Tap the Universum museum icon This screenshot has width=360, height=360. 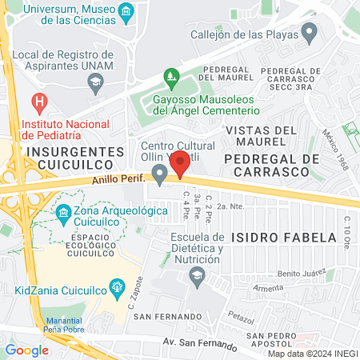[x=126, y=13]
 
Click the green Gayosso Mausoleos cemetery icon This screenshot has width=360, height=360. [x=170, y=78]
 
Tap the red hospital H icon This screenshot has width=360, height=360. [x=37, y=102]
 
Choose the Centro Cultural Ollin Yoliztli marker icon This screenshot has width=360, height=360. [x=160, y=173]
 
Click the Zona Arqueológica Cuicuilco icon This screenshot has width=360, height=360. [x=64, y=213]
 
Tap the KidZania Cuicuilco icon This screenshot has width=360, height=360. [x=117, y=286]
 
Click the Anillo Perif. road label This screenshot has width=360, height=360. [x=118, y=181]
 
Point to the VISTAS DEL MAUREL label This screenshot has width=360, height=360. [x=262, y=136]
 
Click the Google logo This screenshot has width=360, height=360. [x=26, y=350]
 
